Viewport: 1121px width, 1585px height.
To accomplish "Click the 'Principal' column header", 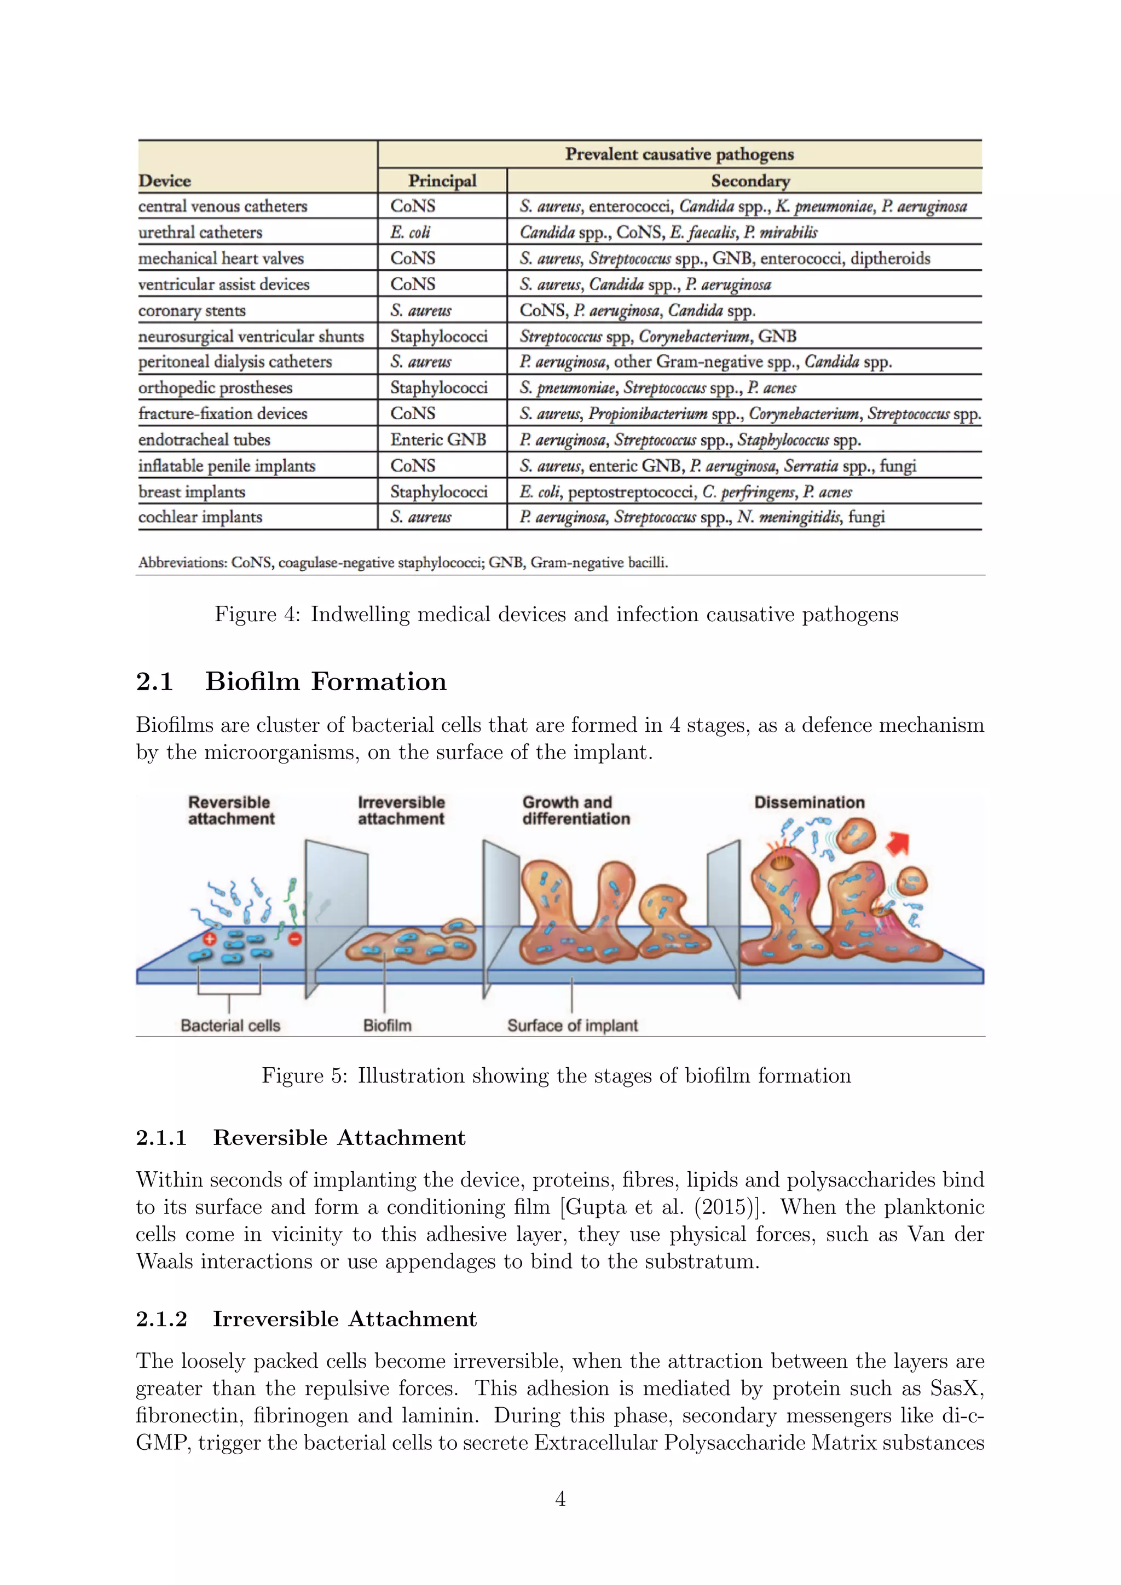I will click(442, 181).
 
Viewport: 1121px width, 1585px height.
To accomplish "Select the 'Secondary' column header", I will click(750, 181).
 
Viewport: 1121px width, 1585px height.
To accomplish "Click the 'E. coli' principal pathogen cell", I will click(410, 232).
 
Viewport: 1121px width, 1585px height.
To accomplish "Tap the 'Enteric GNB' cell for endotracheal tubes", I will click(438, 439).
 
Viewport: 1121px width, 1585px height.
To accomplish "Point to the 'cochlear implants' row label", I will click(200, 517).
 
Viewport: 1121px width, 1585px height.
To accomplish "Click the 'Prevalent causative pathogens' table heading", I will click(679, 154).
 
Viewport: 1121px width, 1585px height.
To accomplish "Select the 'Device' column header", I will click(164, 181).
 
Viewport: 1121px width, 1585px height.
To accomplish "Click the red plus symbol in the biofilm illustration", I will click(210, 938).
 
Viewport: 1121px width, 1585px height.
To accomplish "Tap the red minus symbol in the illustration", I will click(294, 939).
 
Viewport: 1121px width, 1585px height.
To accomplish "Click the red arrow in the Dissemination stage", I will click(898, 843).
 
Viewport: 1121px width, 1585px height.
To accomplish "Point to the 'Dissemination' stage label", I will click(809, 802).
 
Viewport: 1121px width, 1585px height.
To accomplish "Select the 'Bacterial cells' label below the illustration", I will click(230, 1025).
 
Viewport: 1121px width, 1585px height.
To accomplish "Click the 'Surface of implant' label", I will click(572, 1025).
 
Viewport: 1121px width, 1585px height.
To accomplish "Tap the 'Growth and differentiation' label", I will click(576, 811).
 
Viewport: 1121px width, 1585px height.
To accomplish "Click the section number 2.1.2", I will click(161, 1318).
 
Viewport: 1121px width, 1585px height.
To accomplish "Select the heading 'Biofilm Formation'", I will click(326, 681).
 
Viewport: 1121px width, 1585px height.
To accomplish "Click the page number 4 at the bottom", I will click(560, 1499).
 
